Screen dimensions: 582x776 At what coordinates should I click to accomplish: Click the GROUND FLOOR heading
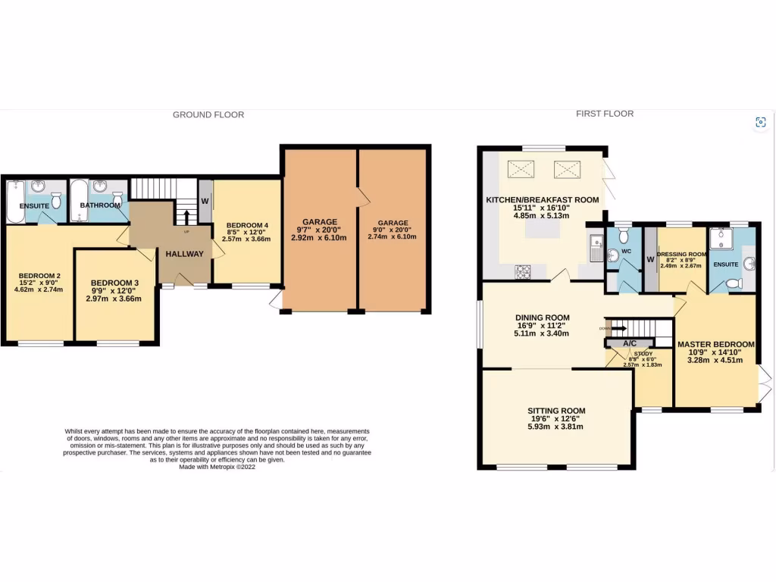pos(208,115)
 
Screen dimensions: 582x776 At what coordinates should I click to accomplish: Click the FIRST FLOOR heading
pos(604,114)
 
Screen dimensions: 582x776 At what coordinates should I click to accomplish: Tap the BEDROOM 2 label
pos(39,275)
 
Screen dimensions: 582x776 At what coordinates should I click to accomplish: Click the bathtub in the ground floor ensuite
pos(16,201)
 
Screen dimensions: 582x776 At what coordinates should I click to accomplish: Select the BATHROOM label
pos(101,205)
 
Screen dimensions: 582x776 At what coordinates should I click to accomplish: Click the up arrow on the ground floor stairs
pos(185,218)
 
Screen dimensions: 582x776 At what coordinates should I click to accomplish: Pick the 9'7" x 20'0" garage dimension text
pos(319,230)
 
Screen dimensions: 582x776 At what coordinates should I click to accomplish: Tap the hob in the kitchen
pos(524,271)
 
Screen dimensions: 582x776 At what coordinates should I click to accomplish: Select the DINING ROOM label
pos(542,318)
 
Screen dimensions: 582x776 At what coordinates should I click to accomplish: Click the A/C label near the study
pos(630,343)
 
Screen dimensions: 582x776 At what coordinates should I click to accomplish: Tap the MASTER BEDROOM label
pos(715,344)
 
